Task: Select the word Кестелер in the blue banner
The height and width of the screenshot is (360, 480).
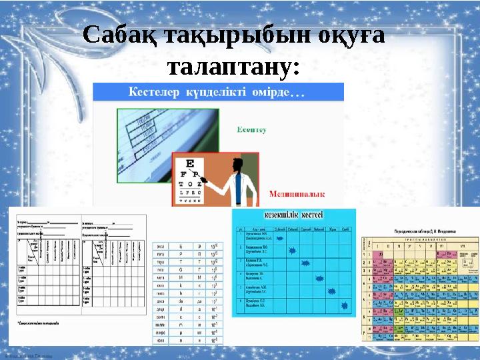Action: pos(154,93)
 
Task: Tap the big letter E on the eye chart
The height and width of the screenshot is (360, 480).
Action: pos(190,164)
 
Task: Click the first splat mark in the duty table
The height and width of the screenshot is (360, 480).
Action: pos(280,237)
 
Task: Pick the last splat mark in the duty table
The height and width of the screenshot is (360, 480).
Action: pos(345,305)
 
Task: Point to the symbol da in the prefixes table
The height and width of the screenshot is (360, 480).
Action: pos(181,300)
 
